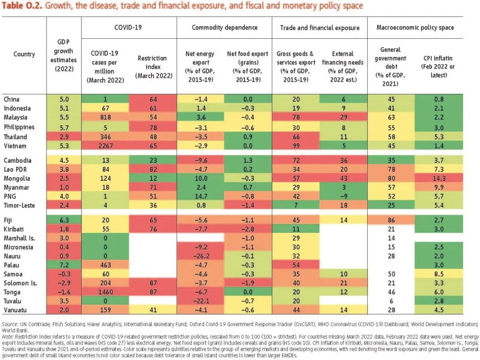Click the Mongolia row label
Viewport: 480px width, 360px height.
16,179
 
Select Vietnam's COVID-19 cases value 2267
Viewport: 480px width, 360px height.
105,146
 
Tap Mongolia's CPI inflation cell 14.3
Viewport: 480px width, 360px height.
439,179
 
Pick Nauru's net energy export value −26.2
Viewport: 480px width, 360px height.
201,256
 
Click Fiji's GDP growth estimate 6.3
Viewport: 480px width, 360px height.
64,220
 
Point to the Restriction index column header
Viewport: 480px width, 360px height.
153,67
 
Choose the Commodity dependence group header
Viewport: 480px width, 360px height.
224,28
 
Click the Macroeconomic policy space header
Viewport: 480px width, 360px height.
415,28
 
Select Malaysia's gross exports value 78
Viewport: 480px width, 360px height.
296,117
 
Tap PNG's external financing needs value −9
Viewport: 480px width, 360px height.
344,196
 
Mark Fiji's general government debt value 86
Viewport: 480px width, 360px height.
391,220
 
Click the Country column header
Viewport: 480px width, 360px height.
24,54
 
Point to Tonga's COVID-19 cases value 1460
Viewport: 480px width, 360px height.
105,292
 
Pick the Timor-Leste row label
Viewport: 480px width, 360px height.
19,205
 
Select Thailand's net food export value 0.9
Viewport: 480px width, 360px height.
248,137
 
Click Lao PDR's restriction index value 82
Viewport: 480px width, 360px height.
153,170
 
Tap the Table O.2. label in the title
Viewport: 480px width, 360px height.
22,5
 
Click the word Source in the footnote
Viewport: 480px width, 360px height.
9,324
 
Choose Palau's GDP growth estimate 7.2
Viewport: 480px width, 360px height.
64,265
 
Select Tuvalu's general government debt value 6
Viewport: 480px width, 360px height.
391,301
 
